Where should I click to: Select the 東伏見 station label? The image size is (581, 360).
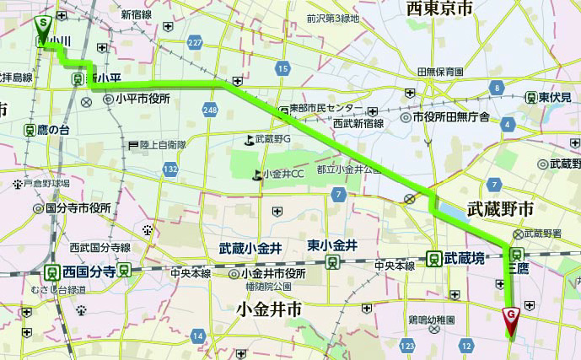click(557, 97)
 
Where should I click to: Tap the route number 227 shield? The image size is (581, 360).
click(196, 43)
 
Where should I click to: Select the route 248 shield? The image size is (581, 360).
click(209, 110)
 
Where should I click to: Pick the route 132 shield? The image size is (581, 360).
click(171, 169)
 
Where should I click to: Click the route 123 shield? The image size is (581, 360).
click(408, 346)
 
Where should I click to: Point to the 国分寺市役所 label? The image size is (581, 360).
click(78, 207)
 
